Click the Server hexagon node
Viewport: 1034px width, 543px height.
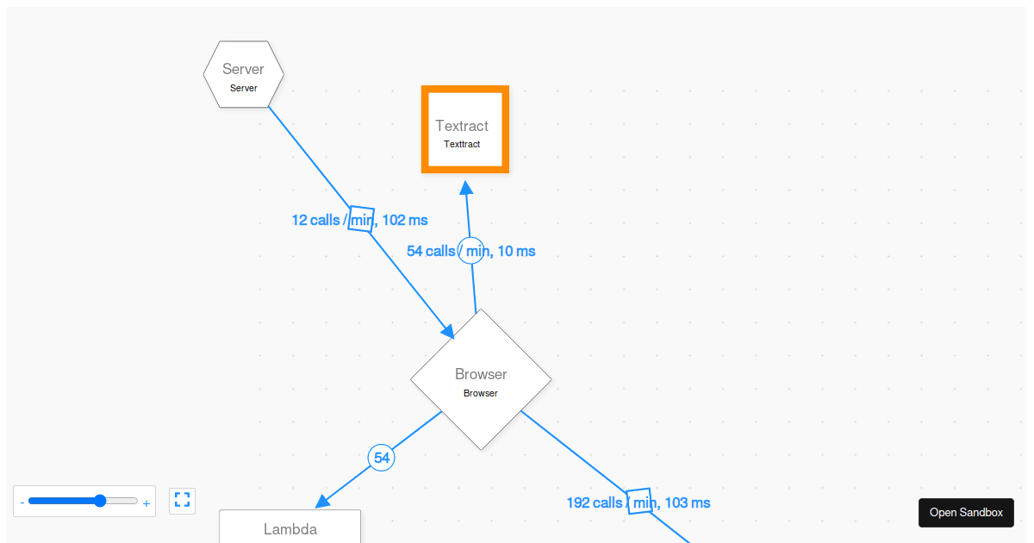(244, 74)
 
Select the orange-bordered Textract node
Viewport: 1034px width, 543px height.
(464, 129)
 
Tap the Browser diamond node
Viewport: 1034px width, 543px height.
(481, 379)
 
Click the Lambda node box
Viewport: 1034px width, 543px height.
(290, 527)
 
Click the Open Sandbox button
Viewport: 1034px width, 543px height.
(966, 512)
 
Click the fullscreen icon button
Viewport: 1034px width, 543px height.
(182, 500)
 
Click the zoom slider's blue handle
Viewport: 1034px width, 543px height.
(100, 501)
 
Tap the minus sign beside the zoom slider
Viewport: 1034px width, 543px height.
(22, 502)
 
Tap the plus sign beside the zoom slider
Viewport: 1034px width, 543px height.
(146, 502)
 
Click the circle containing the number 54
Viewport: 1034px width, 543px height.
(382, 458)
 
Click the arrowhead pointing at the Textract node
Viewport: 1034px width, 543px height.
(466, 189)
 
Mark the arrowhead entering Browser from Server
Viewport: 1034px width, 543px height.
(447, 331)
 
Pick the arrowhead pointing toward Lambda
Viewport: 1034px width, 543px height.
(323, 501)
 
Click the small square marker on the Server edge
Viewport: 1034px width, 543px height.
(362, 219)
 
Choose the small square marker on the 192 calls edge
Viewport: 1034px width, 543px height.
(639, 501)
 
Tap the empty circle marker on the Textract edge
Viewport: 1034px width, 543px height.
(471, 250)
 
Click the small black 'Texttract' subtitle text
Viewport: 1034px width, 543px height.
(462, 144)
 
